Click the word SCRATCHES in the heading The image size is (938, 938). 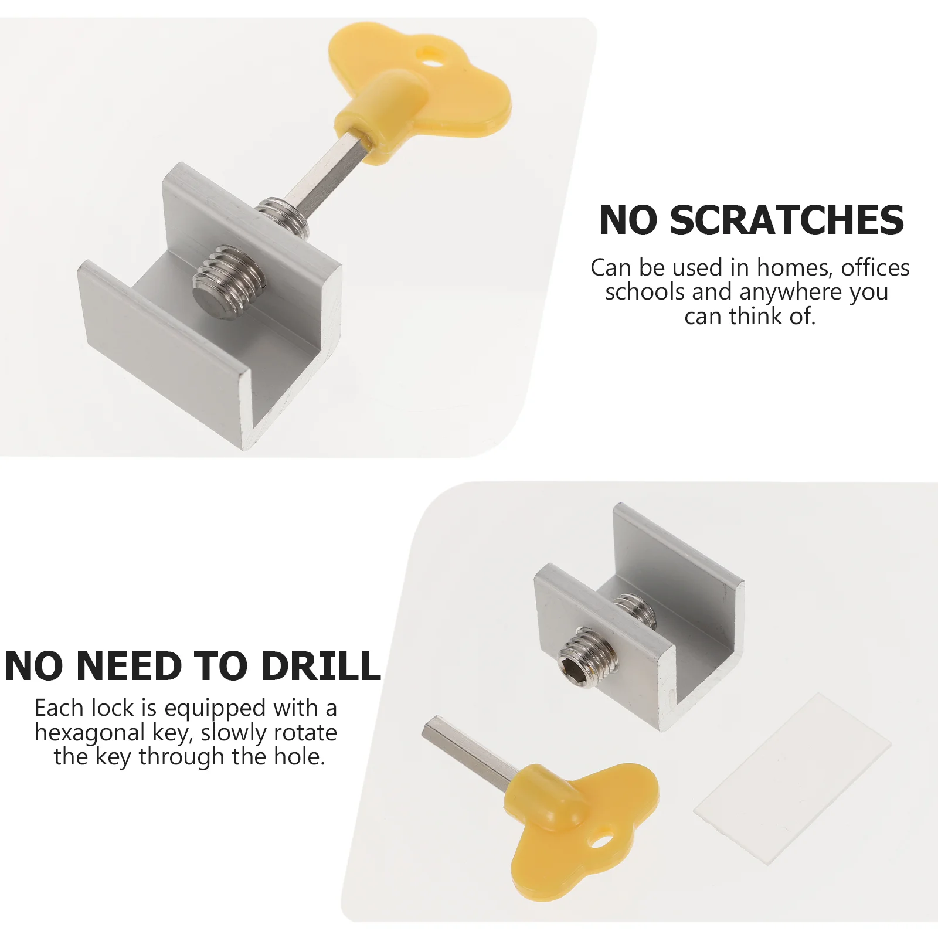pos(787,220)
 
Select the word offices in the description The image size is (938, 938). pos(875,267)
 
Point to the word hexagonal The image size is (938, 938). pos(90,733)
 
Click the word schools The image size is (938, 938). pos(645,292)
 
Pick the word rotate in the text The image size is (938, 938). pos(305,733)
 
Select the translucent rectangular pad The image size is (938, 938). pos(792,779)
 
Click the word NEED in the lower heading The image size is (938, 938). pos(129,666)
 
